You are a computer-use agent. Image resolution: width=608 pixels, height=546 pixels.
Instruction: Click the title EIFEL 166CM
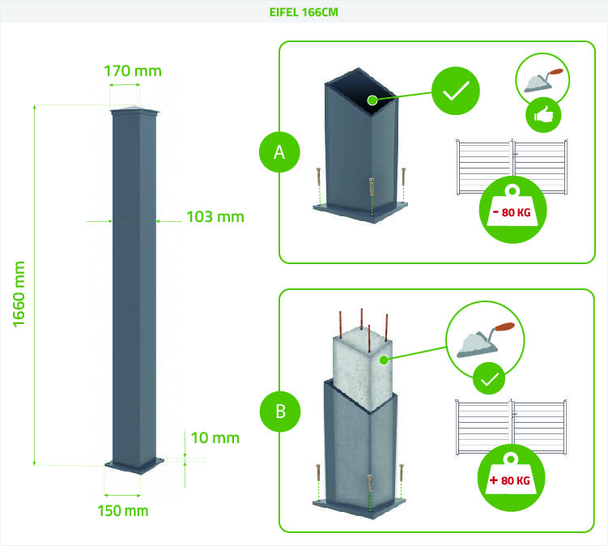304,13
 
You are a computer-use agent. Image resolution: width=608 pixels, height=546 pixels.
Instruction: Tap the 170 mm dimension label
133,70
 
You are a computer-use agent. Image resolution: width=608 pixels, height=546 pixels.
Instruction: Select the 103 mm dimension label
215,216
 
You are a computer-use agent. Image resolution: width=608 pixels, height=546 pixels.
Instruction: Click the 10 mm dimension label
215,438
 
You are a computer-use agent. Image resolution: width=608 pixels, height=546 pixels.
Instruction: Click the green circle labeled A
280,151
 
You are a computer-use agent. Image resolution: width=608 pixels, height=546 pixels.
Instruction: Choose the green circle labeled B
280,411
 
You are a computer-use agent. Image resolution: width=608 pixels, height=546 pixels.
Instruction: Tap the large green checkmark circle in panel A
455,92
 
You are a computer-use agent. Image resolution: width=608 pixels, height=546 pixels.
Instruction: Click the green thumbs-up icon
543,116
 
